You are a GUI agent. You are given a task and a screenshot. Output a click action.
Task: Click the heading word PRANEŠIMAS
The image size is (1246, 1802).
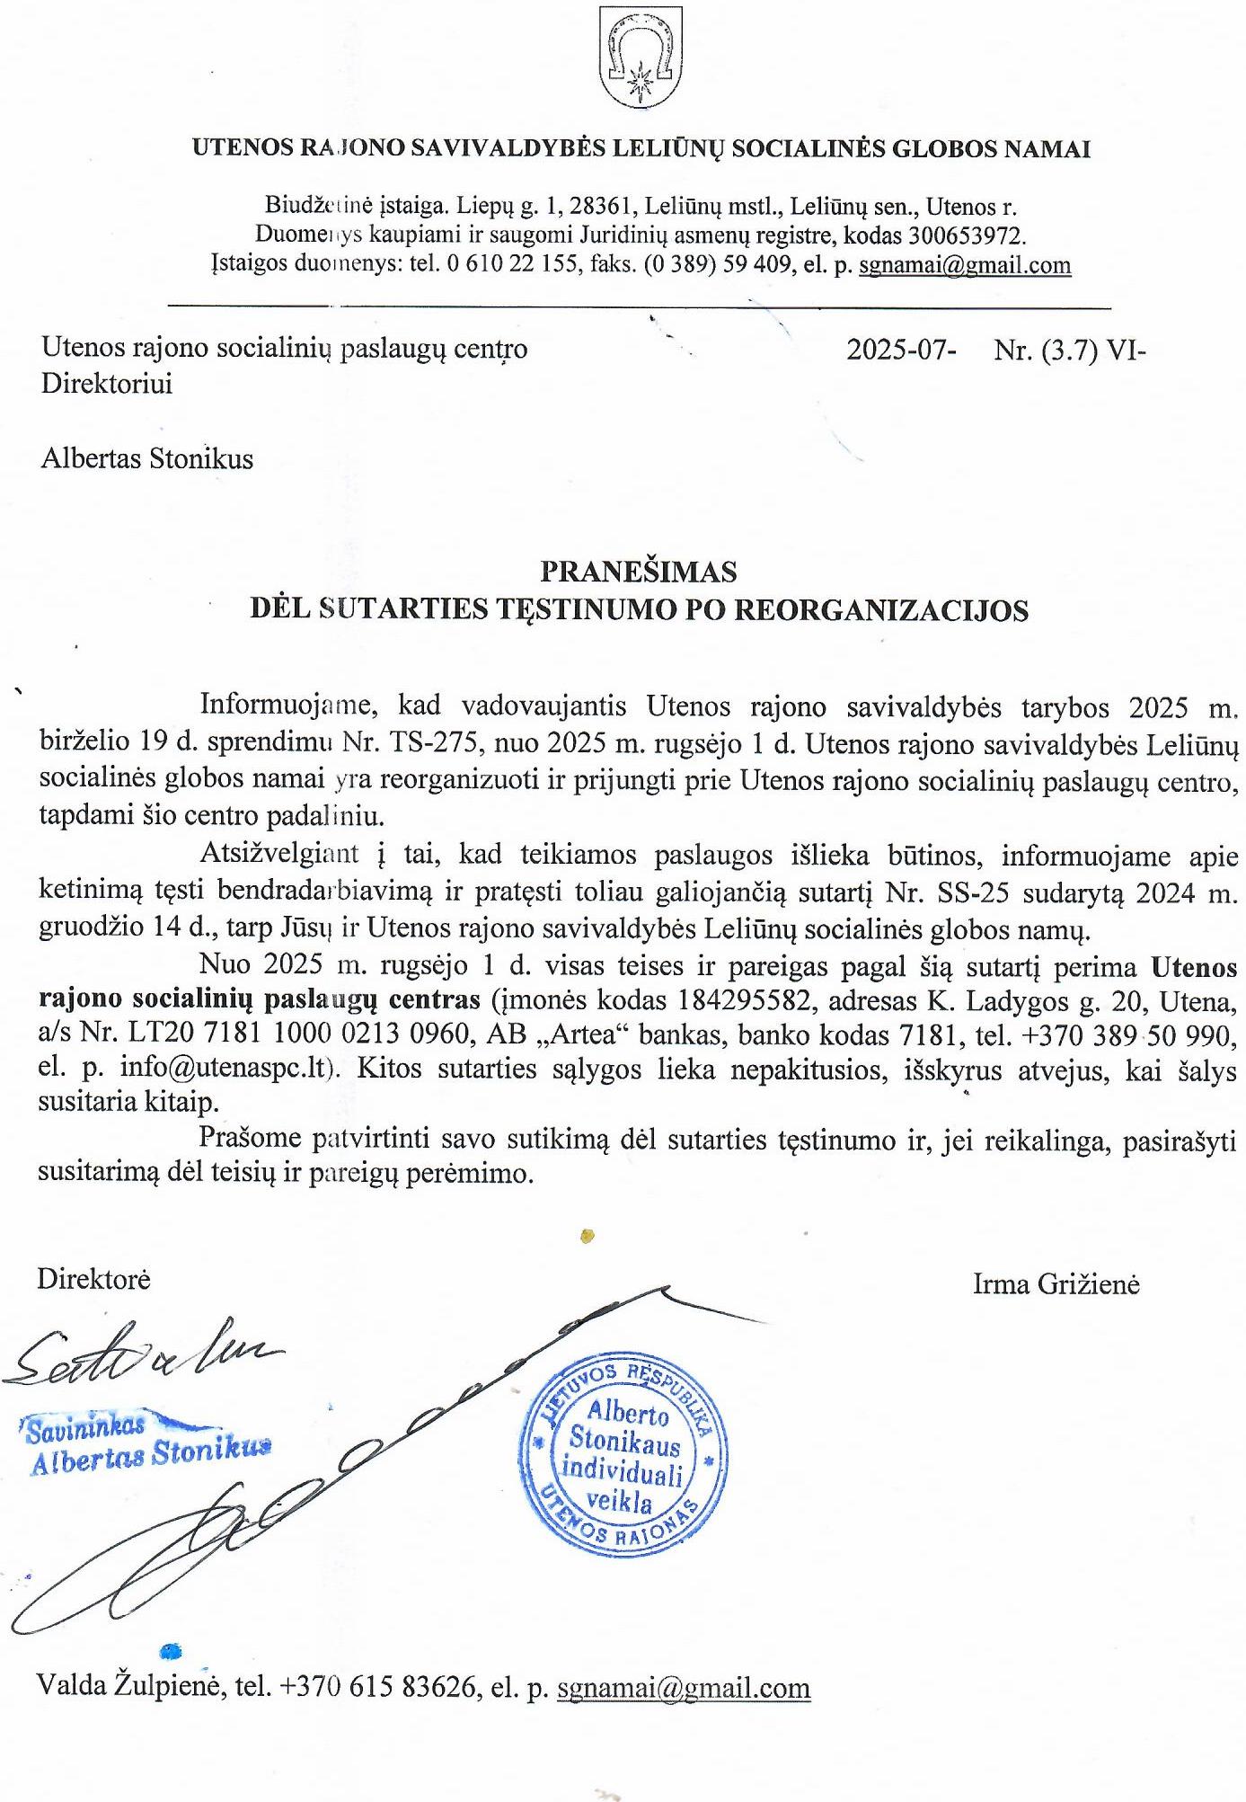(638, 572)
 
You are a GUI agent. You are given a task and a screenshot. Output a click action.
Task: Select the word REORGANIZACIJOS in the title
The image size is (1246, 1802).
(881, 610)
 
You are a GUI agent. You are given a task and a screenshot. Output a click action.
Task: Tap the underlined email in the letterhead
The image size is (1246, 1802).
(965, 265)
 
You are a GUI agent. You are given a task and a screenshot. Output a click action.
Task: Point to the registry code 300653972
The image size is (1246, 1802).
(964, 236)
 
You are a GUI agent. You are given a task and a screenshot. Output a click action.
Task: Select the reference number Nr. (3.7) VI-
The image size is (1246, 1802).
(1069, 350)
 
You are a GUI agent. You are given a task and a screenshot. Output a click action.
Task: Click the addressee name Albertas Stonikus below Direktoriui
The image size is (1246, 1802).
(147, 459)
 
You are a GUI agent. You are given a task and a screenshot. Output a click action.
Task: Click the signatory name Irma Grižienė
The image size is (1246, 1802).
(1056, 1284)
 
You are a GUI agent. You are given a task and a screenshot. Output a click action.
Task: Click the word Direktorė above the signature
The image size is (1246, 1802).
(93, 1279)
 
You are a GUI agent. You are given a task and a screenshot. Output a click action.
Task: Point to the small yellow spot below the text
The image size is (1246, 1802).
(588, 1236)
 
